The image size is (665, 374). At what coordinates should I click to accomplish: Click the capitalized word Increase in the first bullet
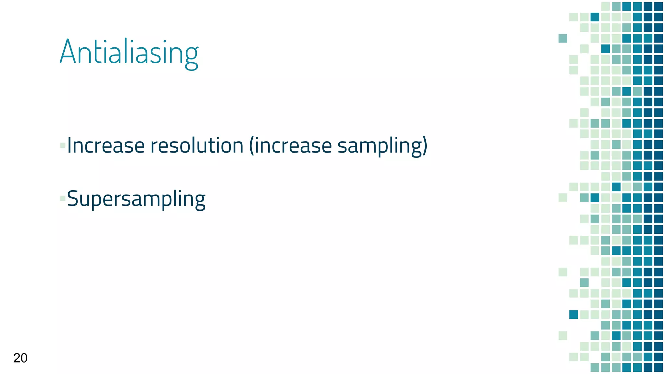point(106,145)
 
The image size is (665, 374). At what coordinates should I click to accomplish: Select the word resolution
point(197,145)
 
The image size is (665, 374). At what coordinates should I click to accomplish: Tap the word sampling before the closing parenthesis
point(379,146)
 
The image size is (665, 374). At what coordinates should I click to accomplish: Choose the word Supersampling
point(136,199)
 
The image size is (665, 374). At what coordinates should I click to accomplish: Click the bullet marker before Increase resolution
point(63,145)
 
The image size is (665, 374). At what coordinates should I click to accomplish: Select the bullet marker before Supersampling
point(63,198)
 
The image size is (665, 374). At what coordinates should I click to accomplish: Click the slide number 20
point(20,358)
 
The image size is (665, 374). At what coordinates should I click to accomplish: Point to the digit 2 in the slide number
point(17,358)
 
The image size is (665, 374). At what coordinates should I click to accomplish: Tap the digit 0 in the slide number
point(24,358)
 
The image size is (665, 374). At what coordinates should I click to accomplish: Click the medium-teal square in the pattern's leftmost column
point(563,38)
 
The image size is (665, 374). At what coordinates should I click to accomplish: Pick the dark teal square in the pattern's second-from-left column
point(573,314)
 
